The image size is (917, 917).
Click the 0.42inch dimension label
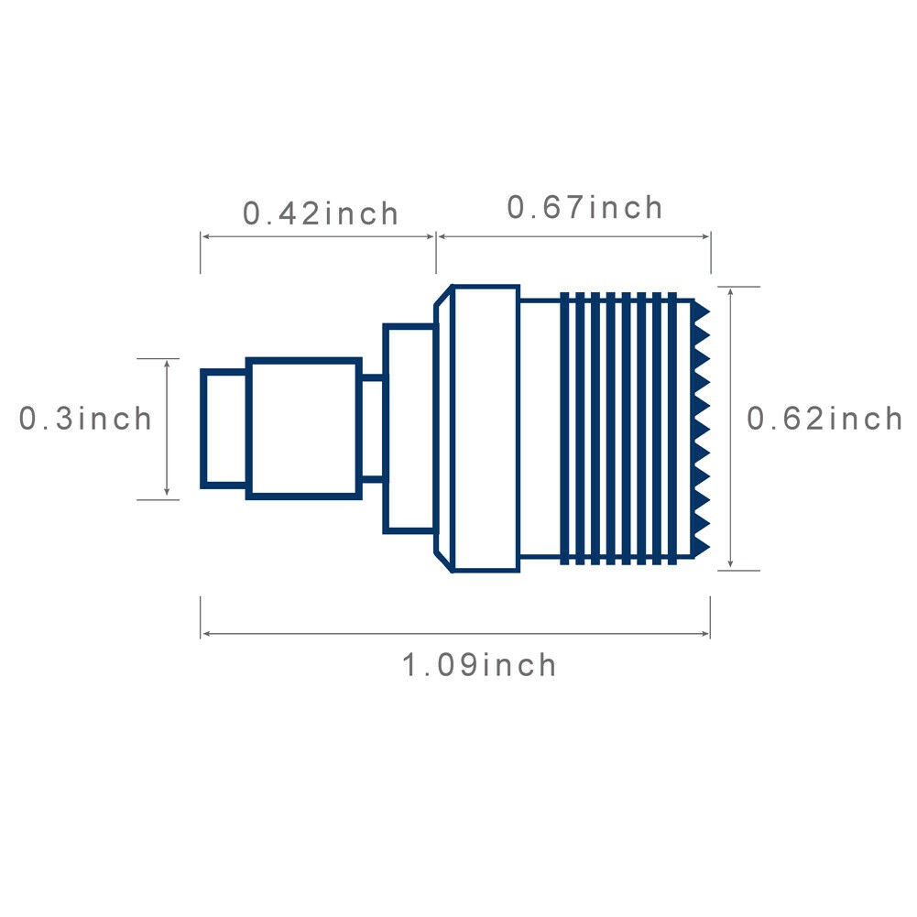[x=321, y=213]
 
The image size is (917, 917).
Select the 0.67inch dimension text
[x=584, y=207]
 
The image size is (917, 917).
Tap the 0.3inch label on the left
[x=85, y=418]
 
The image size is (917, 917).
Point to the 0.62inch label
[x=824, y=418]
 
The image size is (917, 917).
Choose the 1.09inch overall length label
[x=479, y=665]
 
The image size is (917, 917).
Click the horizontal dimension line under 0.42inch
[x=318, y=236]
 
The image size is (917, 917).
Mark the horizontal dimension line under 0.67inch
[x=573, y=236]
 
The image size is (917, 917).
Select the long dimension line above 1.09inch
[x=455, y=633]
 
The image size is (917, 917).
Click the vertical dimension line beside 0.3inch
[x=167, y=429]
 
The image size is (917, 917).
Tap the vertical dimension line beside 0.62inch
[x=730, y=429]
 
